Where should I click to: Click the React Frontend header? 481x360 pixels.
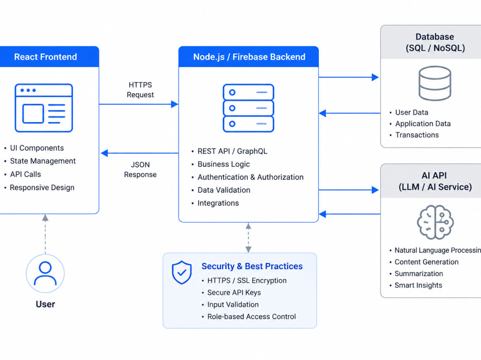[x=45, y=57]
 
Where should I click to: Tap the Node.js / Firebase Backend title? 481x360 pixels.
[x=249, y=57]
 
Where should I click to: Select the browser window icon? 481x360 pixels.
[x=44, y=108]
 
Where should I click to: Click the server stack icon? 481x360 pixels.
[x=249, y=108]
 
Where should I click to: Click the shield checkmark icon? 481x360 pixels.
[x=182, y=273]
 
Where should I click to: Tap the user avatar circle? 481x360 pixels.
[x=45, y=273]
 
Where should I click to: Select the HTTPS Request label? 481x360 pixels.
[x=140, y=90]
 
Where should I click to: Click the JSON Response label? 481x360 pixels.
[x=140, y=170]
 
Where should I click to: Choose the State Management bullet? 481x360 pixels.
[x=43, y=161]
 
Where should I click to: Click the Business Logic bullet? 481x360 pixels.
[x=224, y=164]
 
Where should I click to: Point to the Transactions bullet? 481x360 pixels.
[x=417, y=135]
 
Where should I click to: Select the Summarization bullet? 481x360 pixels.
[x=419, y=273]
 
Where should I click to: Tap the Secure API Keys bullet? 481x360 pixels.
[x=234, y=293]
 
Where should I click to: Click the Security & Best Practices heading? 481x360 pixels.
[x=252, y=266]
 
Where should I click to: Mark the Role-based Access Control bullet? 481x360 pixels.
[x=252, y=316]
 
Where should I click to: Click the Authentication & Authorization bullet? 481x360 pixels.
[x=250, y=177]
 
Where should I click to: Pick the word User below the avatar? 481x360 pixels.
[x=45, y=304]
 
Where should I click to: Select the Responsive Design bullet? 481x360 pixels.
[x=42, y=187]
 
